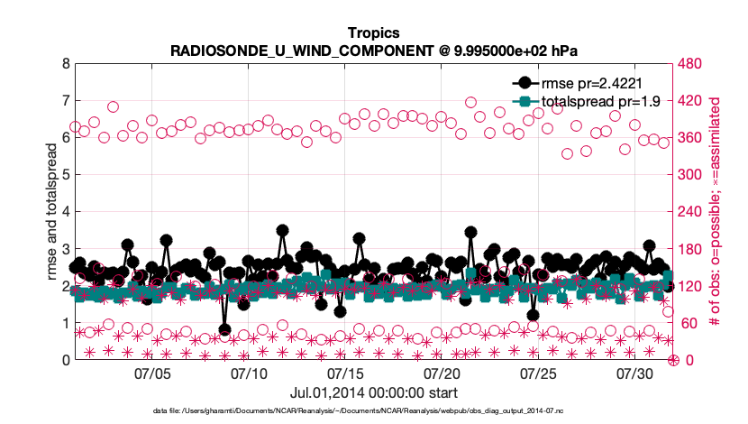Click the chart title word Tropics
tap(373, 34)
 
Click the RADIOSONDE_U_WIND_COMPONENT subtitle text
tap(373, 51)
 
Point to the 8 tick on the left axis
tap(64, 65)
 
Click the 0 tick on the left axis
tap(64, 361)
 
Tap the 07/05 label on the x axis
tap(152, 373)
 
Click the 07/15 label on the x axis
tap(345, 373)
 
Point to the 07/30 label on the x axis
tap(634, 373)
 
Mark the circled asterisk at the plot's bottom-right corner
tap(673, 361)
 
